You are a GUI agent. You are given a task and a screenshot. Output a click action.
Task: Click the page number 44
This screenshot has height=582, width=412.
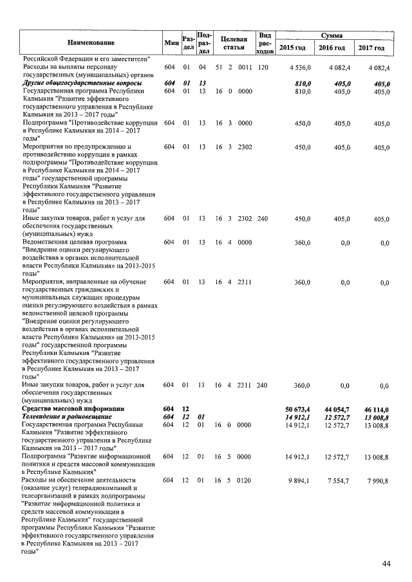point(386,564)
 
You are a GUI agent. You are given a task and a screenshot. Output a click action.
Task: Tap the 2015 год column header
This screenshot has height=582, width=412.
point(296,48)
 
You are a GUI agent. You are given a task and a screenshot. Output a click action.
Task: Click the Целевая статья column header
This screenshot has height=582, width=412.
point(230,42)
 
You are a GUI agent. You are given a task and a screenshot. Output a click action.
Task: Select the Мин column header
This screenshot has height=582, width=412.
point(171,42)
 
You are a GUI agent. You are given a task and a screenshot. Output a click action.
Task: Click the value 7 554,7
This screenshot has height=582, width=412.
point(337,480)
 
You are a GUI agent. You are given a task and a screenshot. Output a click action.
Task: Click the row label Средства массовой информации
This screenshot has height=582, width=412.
point(72,409)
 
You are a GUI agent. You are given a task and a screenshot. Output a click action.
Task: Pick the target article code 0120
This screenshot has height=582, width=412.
point(245,480)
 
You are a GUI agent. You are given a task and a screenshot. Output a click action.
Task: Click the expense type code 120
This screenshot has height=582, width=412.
point(263,68)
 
